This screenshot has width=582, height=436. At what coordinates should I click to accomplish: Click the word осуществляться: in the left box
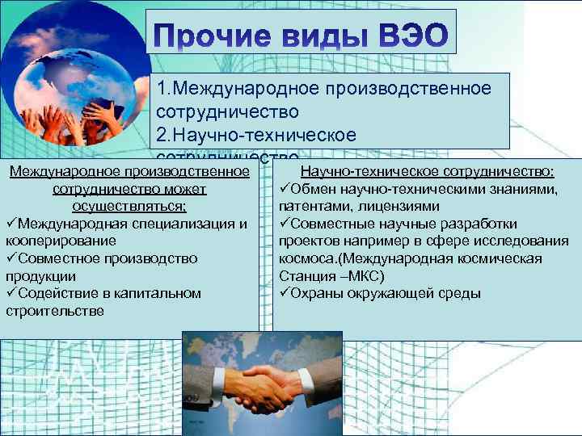[129, 206]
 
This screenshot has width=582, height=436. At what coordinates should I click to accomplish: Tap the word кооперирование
[61, 241]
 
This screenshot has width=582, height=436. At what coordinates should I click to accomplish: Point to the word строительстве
[54, 310]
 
